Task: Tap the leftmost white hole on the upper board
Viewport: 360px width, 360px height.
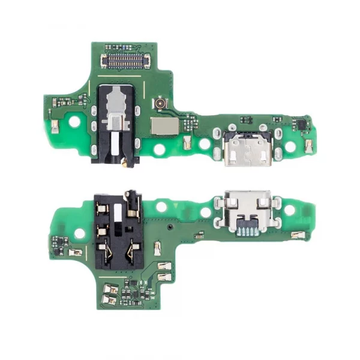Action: point(76,120)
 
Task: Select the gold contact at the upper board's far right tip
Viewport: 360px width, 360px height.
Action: point(310,145)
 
